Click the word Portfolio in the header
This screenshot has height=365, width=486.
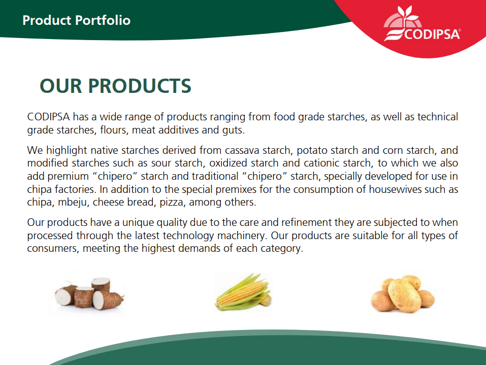click(x=103, y=20)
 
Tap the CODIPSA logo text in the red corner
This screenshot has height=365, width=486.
click(x=432, y=34)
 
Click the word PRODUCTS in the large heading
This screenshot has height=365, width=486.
click(x=140, y=86)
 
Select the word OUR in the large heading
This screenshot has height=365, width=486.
click(x=61, y=86)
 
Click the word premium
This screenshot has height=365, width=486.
click(x=68, y=176)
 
